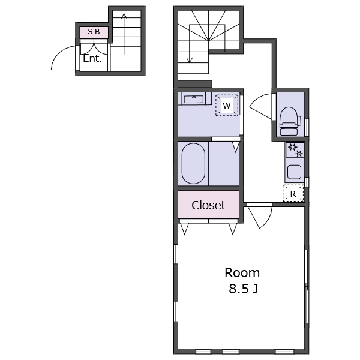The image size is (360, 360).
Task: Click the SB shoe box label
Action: (x=94, y=32)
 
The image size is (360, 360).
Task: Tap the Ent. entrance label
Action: (x=92, y=58)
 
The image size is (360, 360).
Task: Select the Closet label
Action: (x=208, y=205)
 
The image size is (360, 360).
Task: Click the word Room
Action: (x=242, y=273)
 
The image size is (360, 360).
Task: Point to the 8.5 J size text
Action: (x=244, y=289)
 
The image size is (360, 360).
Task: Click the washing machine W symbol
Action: (x=227, y=106)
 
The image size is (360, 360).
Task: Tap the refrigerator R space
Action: (x=293, y=193)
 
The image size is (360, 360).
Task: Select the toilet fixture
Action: (x=290, y=121)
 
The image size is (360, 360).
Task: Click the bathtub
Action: (x=193, y=163)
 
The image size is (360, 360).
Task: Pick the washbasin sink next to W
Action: (x=194, y=99)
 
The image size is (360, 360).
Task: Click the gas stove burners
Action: (x=295, y=150)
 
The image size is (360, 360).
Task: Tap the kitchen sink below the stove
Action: (x=295, y=172)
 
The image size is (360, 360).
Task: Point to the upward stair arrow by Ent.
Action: (x=124, y=34)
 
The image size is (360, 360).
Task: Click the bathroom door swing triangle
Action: (x=236, y=146)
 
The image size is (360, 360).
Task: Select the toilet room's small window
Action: (x=307, y=128)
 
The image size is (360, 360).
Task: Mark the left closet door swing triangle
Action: (x=184, y=229)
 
